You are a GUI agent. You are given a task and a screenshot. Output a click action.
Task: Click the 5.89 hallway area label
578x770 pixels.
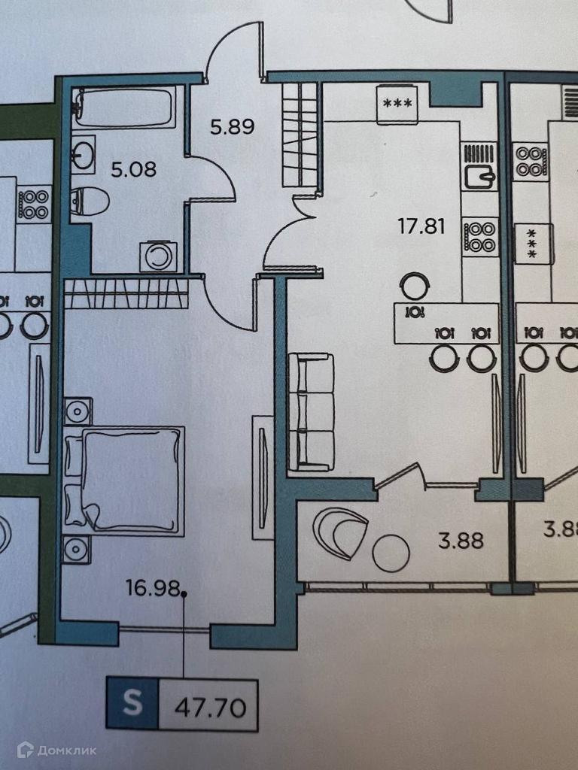[x=232, y=128]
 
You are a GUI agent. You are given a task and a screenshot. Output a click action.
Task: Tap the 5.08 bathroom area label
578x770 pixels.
[x=133, y=169]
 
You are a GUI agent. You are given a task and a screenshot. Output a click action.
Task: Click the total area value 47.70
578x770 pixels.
[x=210, y=707]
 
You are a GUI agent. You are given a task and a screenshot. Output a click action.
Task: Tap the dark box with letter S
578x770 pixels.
[x=132, y=705]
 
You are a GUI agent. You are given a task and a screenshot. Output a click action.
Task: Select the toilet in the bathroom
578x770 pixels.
[x=90, y=202]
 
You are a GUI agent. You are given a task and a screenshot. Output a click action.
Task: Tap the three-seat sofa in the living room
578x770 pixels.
[x=312, y=412]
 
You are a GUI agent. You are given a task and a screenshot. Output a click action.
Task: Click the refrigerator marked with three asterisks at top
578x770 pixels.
[x=397, y=104]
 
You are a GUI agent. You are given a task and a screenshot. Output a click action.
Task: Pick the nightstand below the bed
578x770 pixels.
[x=78, y=549]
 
